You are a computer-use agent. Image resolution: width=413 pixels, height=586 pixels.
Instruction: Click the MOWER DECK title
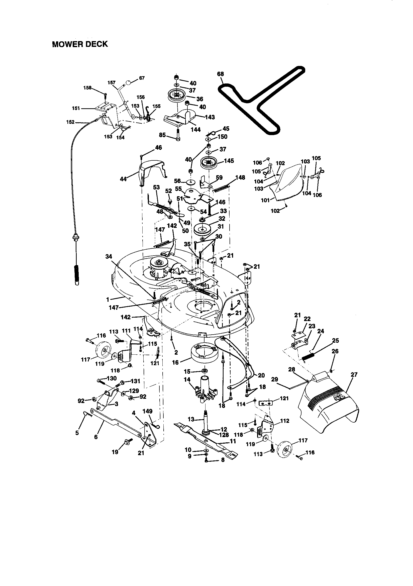point(80,44)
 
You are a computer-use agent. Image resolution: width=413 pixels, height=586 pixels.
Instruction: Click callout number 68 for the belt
point(220,74)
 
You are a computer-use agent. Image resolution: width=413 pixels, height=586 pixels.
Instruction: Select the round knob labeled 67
point(128,82)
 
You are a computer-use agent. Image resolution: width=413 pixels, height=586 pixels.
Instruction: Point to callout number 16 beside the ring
point(175,362)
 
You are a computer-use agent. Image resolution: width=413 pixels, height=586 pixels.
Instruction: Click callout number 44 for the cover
point(123,179)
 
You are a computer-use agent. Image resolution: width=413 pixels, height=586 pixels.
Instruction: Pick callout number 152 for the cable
point(70,122)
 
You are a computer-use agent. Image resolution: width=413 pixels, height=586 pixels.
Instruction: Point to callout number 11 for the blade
point(233,441)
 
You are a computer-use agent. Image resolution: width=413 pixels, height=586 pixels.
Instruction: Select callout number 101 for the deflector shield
point(265,200)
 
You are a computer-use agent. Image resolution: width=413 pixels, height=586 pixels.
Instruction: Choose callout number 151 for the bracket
point(76,108)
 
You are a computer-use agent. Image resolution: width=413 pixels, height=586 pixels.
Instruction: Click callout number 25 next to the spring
point(336,340)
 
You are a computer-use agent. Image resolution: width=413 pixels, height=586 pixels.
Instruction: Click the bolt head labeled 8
point(206,461)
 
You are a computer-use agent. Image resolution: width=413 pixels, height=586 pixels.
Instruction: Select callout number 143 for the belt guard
point(210,117)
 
